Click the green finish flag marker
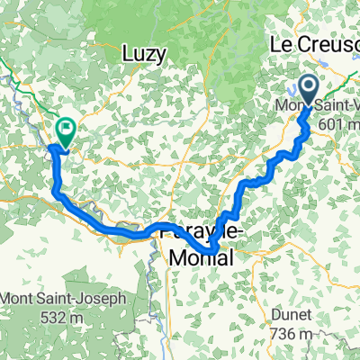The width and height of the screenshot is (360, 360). (x=66, y=131)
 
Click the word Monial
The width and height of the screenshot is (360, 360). (x=202, y=258)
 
